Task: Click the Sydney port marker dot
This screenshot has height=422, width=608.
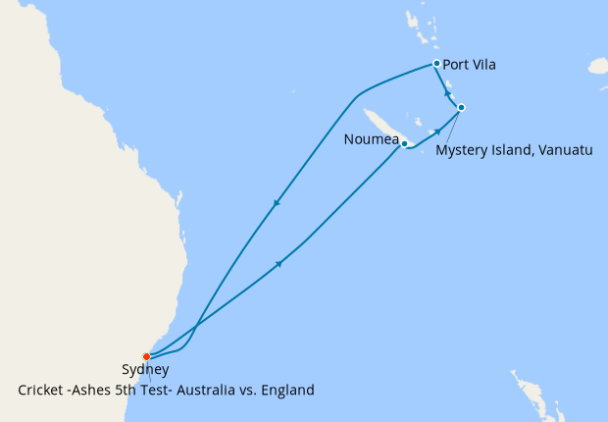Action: tap(146, 356)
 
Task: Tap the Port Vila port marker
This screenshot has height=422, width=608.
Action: tap(436, 64)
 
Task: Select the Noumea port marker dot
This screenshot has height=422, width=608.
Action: tap(404, 144)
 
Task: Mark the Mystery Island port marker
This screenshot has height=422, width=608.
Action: tap(461, 107)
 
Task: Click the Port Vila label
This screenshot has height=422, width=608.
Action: tap(469, 65)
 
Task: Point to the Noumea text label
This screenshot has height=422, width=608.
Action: tap(372, 139)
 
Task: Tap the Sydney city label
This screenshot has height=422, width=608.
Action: tap(145, 371)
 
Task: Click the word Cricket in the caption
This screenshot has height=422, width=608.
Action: tap(43, 391)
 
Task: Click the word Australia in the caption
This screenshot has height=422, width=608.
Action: tap(200, 391)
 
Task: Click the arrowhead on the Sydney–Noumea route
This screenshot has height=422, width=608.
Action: tap(280, 263)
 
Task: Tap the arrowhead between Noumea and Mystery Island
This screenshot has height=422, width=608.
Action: tap(436, 131)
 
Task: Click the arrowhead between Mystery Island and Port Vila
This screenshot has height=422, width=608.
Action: tap(447, 92)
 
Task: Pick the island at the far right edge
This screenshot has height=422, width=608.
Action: tap(598, 66)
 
